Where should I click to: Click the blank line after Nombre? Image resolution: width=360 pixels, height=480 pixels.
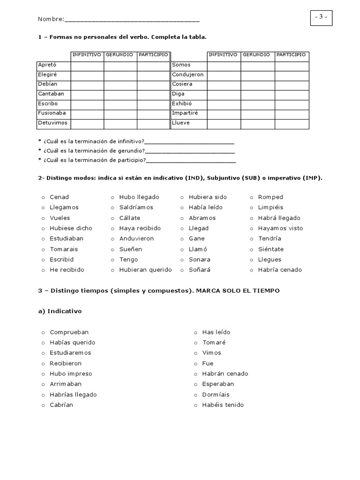tap(132, 20)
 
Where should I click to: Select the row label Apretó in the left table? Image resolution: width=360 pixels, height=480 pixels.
tap(48, 65)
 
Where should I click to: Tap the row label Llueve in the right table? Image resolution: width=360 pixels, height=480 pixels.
tap(181, 123)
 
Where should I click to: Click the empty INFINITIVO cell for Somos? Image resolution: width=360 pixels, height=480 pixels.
tap(224, 65)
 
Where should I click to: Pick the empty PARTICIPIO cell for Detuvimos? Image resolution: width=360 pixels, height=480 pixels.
tap(153, 123)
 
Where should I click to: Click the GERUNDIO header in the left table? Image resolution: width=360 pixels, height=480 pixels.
tap(120, 55)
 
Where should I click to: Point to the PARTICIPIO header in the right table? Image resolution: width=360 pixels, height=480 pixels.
tap(291, 55)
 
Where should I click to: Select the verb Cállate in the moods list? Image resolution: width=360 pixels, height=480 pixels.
tap(130, 218)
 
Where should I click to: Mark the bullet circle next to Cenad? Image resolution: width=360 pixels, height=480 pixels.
tap(43, 197)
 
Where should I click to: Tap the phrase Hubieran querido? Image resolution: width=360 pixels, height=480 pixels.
tap(145, 270)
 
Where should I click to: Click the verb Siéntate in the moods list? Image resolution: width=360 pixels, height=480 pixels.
tap(270, 249)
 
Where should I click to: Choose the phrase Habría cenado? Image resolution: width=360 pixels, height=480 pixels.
tap(280, 270)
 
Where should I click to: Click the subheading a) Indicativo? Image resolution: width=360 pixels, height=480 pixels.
tap(60, 311)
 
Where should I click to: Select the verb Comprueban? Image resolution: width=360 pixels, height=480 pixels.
tap(69, 332)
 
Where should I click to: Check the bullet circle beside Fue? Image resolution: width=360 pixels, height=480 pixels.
tap(195, 364)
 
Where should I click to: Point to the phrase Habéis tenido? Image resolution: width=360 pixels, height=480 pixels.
tap(223, 405)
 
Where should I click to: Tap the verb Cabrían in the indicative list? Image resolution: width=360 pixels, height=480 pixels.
tap(61, 405)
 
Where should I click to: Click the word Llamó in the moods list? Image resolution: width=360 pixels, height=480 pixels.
tap(198, 249)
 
